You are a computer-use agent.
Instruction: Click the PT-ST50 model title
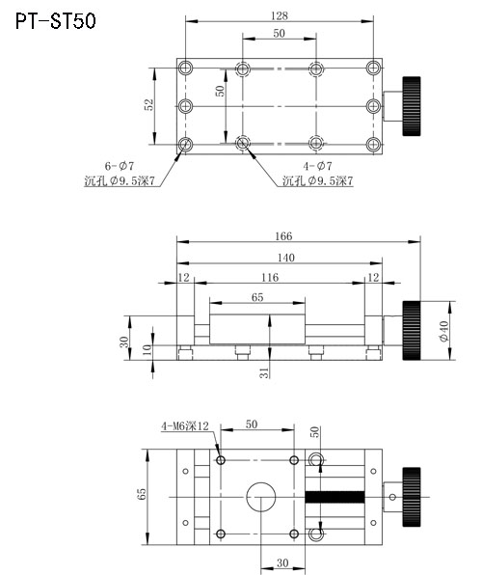coord(55,20)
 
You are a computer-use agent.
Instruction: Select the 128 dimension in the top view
coord(279,14)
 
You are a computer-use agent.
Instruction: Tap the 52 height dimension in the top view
coord(148,105)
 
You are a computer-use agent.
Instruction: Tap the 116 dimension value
coord(270,278)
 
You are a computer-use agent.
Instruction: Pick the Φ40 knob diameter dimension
coord(444,331)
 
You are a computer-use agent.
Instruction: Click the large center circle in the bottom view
coord(262,497)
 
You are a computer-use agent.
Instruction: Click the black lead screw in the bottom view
coord(335,497)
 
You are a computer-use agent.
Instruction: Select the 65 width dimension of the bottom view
coord(142,494)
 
